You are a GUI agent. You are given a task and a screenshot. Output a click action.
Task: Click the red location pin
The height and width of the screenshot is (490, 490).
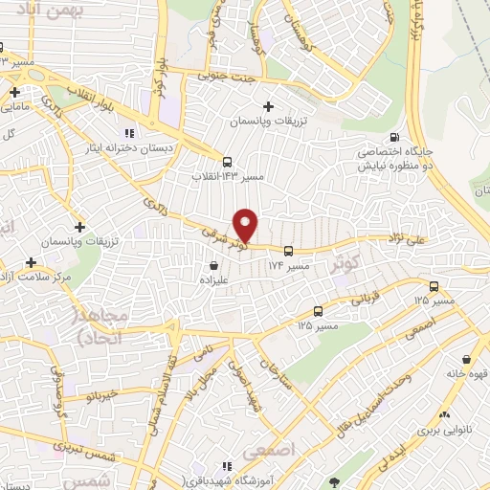pyautogui.click(x=246, y=226)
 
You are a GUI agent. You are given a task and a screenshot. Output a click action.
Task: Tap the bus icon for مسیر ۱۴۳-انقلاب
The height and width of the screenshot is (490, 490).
pyautogui.click(x=227, y=162)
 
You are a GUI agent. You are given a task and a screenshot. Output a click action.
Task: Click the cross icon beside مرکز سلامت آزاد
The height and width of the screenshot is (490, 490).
pyautogui.click(x=32, y=261)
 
